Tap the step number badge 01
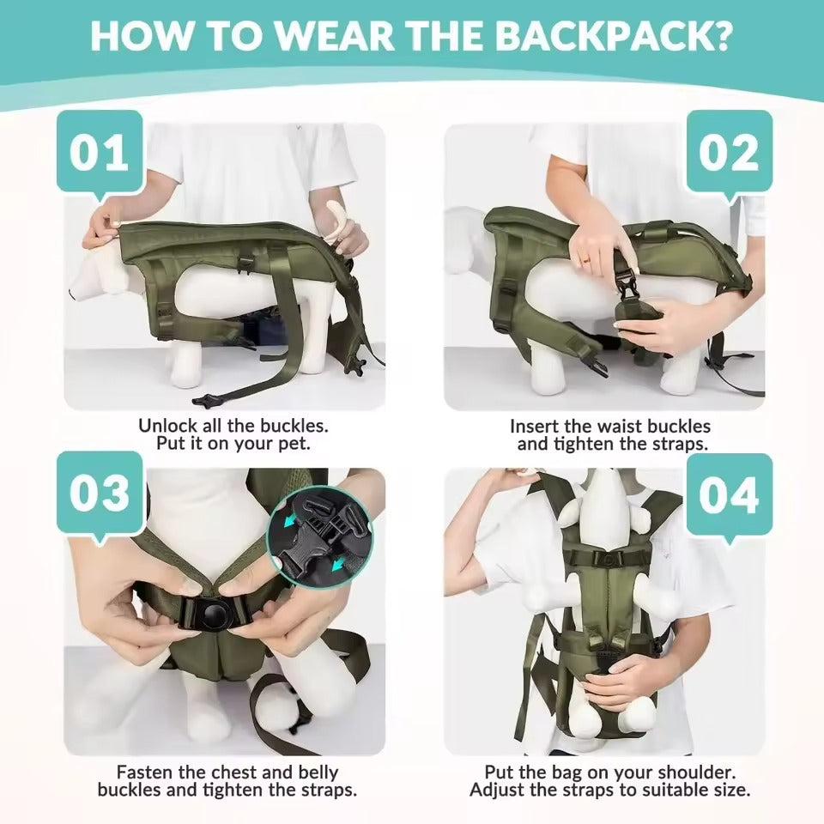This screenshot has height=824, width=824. [100, 152]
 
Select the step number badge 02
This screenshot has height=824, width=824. [729, 153]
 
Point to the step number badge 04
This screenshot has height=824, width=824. [729, 496]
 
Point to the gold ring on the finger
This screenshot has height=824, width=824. [586, 259]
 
